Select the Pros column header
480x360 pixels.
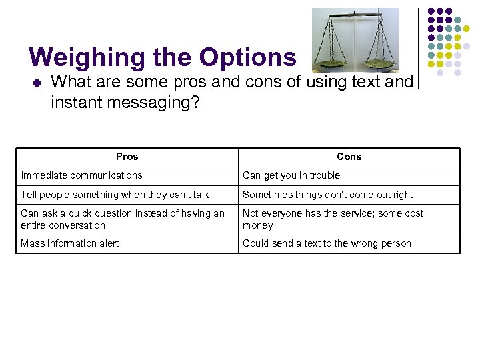[127, 157]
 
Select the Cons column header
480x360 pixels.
[349, 157]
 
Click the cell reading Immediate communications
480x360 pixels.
[81, 176]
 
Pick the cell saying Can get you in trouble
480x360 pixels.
[291, 176]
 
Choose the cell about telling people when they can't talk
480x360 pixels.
[115, 195]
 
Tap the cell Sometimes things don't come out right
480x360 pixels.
[327, 195]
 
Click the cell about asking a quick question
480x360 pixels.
[123, 219]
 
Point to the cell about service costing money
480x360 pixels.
[333, 219]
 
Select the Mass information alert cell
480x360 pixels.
[70, 244]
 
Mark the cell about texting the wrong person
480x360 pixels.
[327, 244]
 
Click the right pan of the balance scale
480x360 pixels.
[379, 64]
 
